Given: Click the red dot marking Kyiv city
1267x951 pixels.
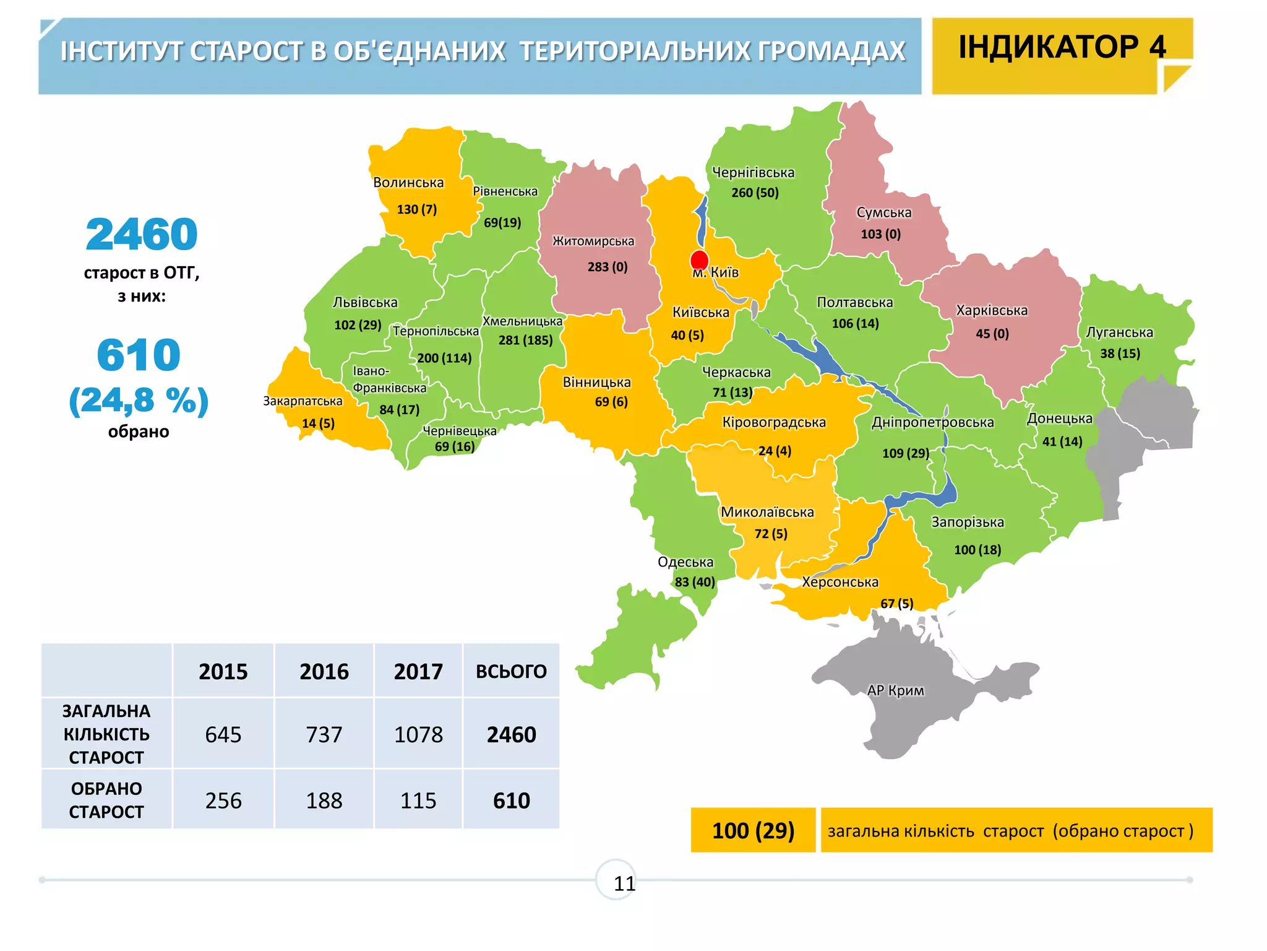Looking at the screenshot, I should point(699,260).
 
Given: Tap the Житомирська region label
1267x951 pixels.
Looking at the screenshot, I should point(593,241).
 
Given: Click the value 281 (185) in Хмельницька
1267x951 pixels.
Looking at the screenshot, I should point(525,340).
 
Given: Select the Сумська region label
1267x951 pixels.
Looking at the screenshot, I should point(883,212).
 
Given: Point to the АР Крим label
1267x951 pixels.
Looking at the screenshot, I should point(895,690).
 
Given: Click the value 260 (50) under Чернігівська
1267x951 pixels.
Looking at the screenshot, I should point(755,193).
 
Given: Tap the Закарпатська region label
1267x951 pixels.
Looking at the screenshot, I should point(303,401).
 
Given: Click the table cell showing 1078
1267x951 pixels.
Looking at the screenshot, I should point(418,735).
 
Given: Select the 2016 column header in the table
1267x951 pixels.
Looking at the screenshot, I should point(324,672).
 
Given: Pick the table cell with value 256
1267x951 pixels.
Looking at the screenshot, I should point(223,801).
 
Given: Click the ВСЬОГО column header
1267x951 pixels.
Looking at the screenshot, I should point(511,672).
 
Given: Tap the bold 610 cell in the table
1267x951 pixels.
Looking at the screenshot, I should point(511,801).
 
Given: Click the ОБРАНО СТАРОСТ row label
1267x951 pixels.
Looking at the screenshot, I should point(106,800).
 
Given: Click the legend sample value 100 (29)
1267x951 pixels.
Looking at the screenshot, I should point(753,830).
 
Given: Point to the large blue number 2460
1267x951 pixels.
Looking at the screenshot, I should point(142,235).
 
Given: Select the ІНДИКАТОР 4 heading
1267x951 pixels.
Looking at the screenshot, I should point(1062,48).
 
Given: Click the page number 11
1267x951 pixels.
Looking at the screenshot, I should point(624,884).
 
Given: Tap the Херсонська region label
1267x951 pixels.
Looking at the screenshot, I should point(840,582).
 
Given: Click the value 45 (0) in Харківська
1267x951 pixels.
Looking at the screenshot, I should point(992,334).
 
